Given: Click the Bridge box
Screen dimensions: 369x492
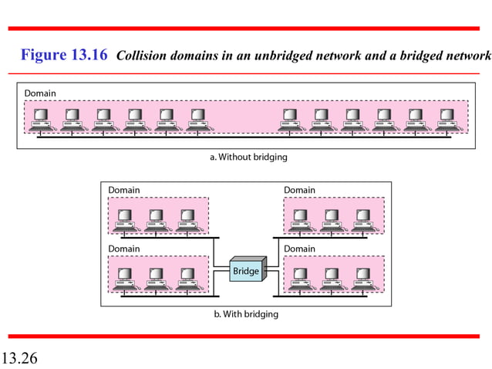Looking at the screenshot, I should [246, 272].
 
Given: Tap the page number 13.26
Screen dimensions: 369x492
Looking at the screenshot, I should [19, 357].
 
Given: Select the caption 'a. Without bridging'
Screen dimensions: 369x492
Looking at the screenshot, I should [248, 157].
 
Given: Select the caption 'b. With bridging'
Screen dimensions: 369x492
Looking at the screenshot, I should [246, 314].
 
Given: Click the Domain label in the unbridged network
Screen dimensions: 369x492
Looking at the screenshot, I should [40, 93].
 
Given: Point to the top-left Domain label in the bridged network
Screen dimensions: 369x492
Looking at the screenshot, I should [124, 190].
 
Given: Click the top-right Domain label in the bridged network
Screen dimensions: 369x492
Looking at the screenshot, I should [299, 190].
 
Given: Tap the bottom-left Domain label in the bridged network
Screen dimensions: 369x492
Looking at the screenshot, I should [124, 249].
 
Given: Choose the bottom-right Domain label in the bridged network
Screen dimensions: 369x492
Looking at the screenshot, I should [299, 249].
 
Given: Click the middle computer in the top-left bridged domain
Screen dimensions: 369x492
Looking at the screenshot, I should [155, 219].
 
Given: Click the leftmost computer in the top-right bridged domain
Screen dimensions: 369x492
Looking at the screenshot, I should [300, 219].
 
